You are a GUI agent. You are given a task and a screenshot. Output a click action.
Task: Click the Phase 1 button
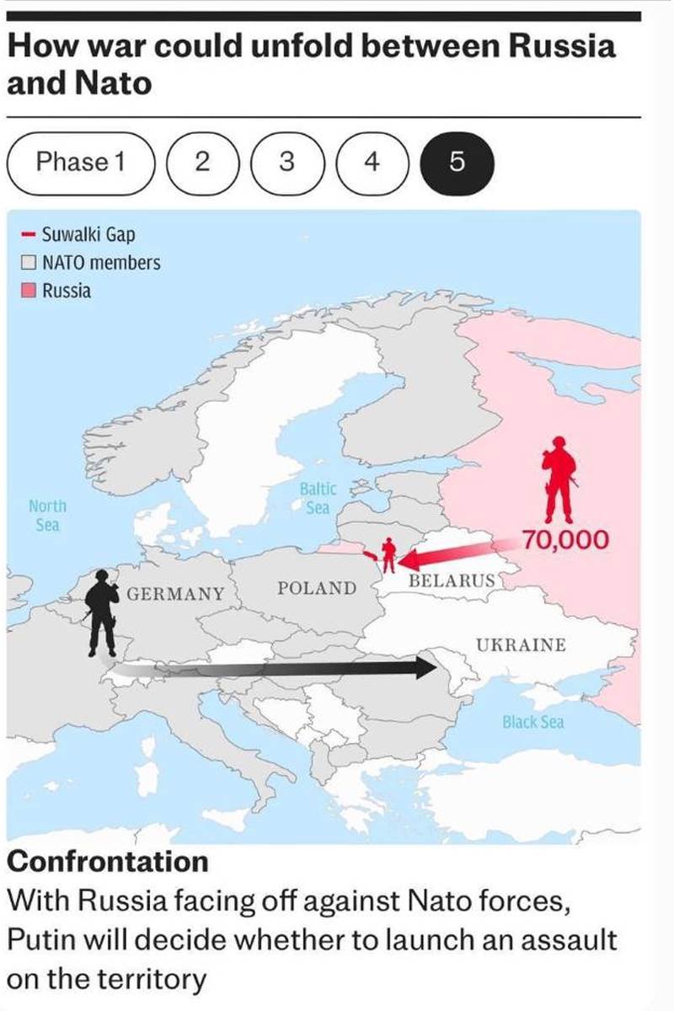click(x=81, y=162)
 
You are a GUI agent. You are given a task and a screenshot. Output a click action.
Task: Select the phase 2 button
click(x=201, y=162)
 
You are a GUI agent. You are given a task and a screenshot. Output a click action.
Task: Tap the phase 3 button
click(x=286, y=162)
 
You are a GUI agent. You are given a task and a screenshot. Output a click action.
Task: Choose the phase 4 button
click(x=372, y=162)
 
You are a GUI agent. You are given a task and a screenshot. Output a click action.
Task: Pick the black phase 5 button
click(x=457, y=162)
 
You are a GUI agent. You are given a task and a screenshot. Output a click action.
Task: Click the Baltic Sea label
click(x=318, y=498)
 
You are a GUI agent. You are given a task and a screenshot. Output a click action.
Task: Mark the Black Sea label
click(x=532, y=722)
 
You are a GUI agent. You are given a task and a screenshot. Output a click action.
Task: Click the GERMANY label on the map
click(x=176, y=593)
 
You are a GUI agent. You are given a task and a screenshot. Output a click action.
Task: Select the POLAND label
click(x=317, y=587)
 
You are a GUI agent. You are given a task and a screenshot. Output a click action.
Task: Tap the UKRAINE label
click(x=521, y=645)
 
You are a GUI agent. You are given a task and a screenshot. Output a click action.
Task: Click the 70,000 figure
click(x=564, y=539)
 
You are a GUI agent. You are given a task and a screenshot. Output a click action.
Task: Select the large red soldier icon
click(x=559, y=480)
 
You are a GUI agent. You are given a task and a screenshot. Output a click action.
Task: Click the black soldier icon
click(x=102, y=611)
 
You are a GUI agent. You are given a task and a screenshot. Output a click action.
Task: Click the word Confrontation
click(x=107, y=862)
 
